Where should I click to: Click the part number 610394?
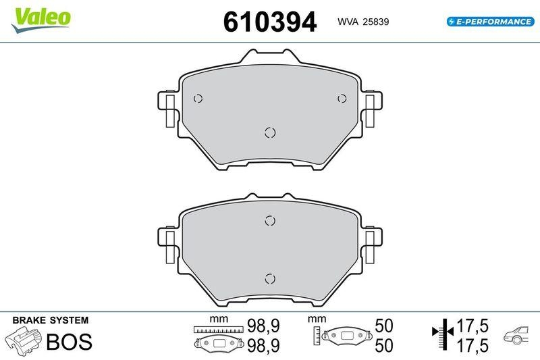pos(269,23)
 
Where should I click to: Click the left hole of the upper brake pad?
pos(197,99)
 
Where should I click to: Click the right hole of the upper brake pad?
pos(342,99)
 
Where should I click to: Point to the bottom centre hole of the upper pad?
pos(270,132)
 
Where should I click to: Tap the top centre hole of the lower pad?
pos(270,220)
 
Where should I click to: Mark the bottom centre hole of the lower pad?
pos(270,278)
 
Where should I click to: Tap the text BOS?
pos(68,341)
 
